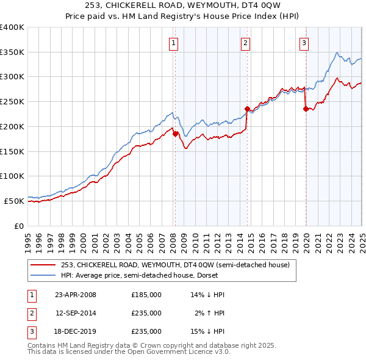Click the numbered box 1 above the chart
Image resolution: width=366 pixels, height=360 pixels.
pyautogui.click(x=174, y=43)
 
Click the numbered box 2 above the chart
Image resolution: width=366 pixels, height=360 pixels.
pyautogui.click(x=245, y=43)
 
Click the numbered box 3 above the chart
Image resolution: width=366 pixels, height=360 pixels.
pyautogui.click(x=304, y=43)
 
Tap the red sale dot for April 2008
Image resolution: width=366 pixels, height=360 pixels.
pyautogui.click(x=176, y=134)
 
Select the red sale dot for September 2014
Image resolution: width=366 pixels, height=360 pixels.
pyautogui.click(x=247, y=109)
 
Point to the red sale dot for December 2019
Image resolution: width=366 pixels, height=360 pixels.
pyautogui.click(x=306, y=109)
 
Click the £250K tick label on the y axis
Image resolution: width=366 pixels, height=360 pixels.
pyautogui.click(x=12, y=102)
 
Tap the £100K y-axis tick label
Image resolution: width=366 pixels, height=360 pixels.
pyautogui.click(x=12, y=176)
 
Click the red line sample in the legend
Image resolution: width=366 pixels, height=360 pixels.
pyautogui.click(x=43, y=265)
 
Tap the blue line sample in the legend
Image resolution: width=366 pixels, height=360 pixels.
pyautogui.click(x=43, y=275)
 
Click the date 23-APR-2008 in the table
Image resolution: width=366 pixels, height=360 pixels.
pyautogui.click(x=76, y=295)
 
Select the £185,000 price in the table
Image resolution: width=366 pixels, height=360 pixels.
pyautogui.click(x=146, y=295)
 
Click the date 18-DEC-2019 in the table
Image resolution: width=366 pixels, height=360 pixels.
pyautogui.click(x=76, y=331)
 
